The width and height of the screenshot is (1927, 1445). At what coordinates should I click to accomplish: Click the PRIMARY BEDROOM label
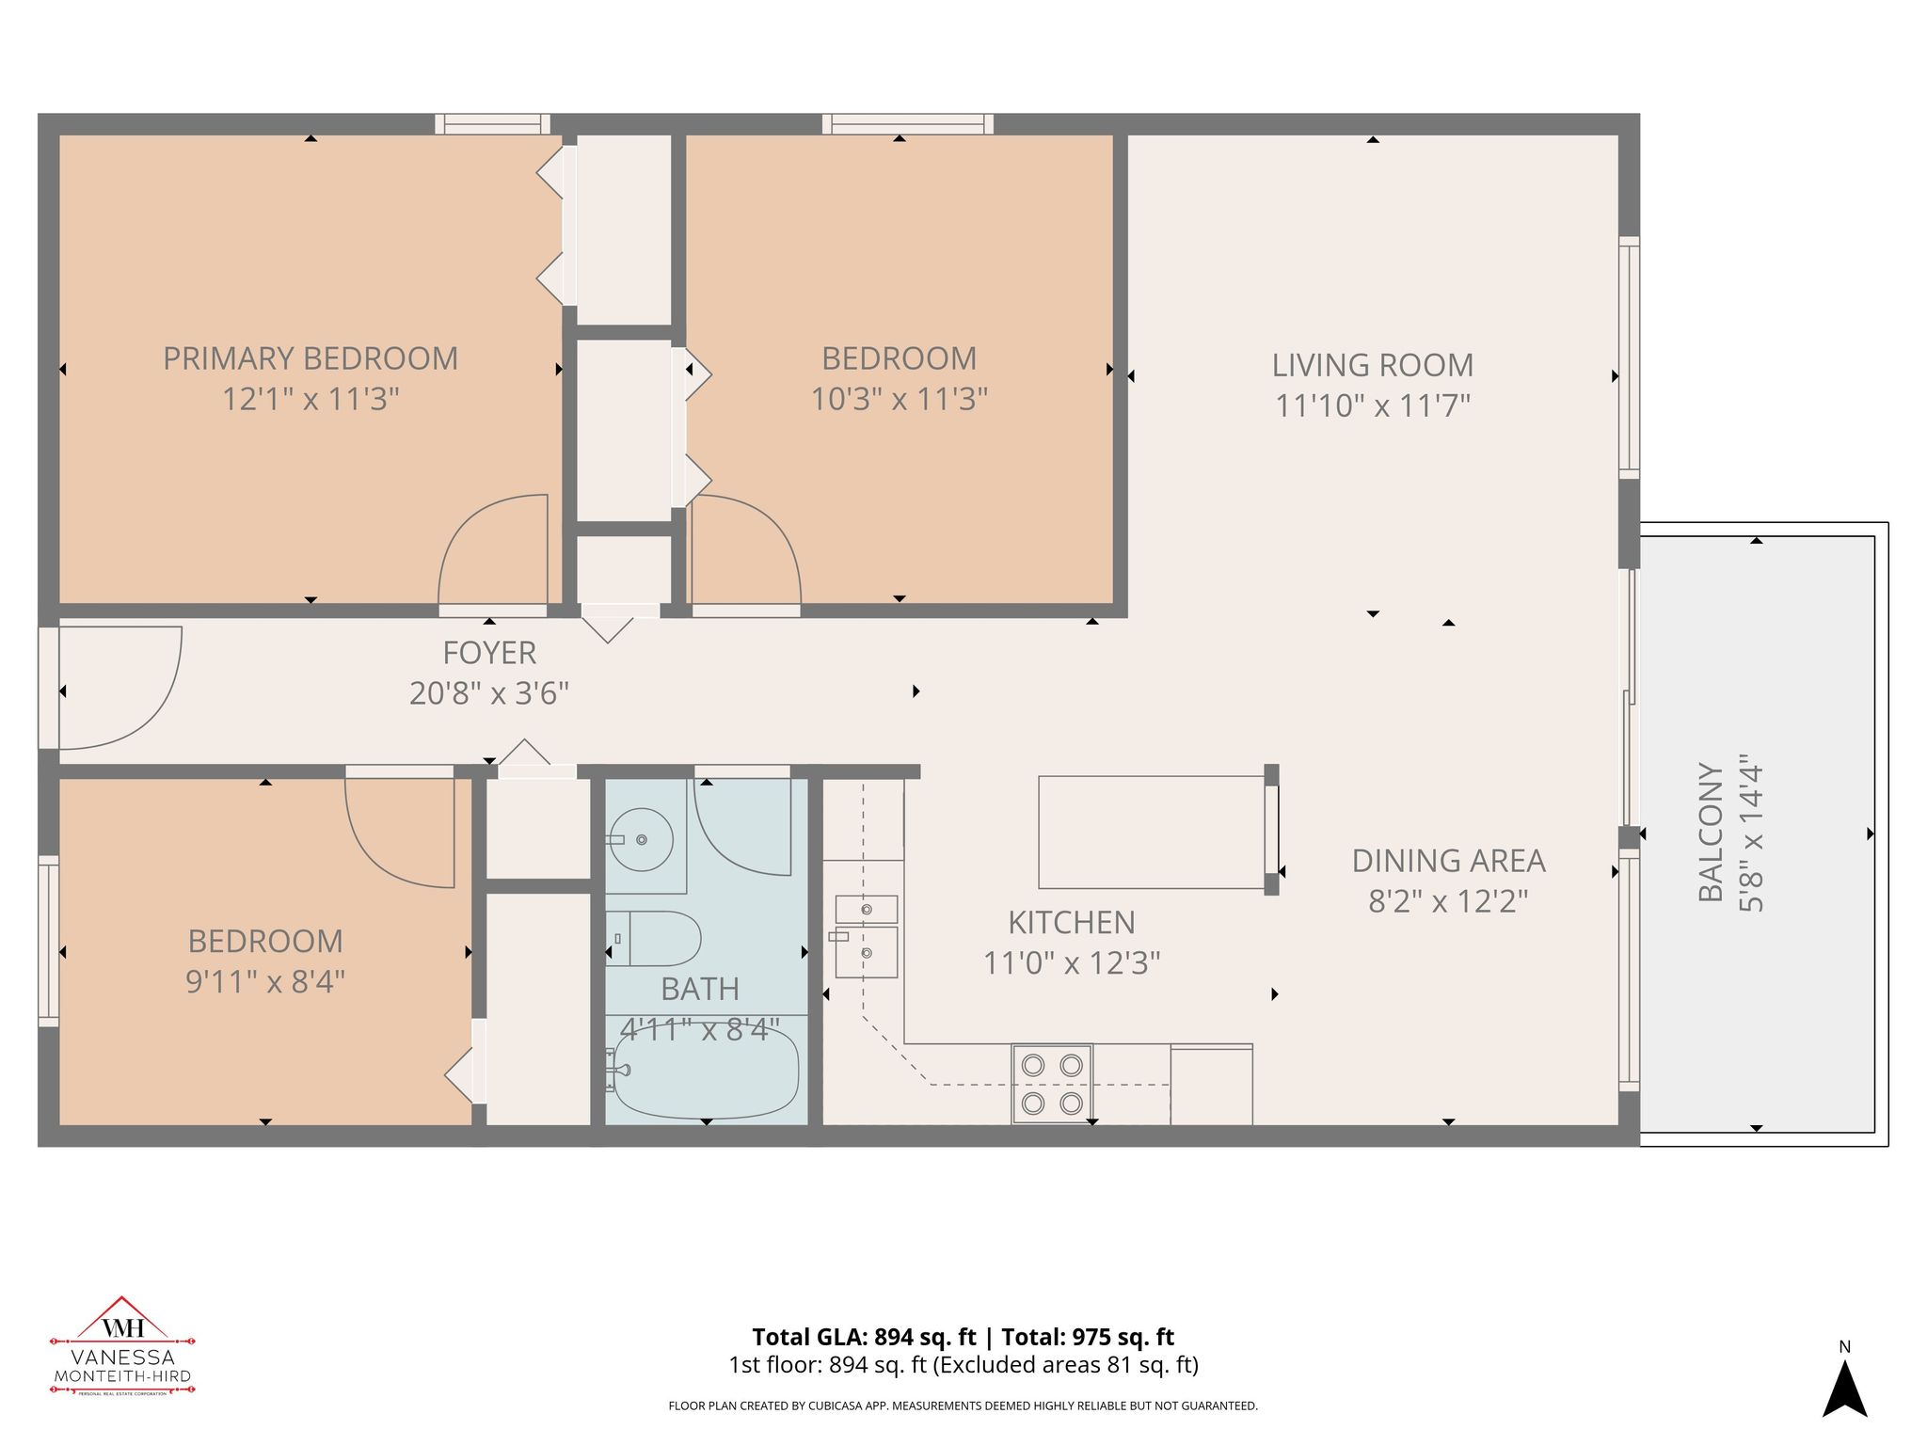tap(311, 358)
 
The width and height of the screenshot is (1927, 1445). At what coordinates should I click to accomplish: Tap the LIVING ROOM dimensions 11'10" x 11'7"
tap(1372, 406)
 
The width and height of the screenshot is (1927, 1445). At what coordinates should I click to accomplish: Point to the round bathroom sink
tap(643, 839)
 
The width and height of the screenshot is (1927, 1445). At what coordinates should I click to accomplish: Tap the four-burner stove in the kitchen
tap(1052, 1084)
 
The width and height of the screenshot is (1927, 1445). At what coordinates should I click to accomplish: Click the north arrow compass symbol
tap(1844, 1388)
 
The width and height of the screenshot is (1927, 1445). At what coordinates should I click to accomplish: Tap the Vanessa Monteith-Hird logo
tap(122, 1346)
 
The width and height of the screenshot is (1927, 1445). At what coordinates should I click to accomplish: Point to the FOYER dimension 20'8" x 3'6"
tap(489, 694)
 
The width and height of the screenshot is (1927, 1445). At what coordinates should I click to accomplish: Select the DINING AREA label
tap(1448, 861)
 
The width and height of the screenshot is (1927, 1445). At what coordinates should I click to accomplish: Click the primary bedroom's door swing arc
tap(492, 551)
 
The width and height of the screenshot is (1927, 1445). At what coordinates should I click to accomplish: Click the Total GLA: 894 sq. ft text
tap(864, 1337)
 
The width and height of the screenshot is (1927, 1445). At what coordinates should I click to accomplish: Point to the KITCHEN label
tap(1071, 923)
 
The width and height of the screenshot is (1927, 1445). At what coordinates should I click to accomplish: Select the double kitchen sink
tap(866, 936)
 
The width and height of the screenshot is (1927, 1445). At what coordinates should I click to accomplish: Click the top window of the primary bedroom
tap(492, 124)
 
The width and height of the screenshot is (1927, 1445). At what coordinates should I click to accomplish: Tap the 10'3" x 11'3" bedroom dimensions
tap(899, 400)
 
